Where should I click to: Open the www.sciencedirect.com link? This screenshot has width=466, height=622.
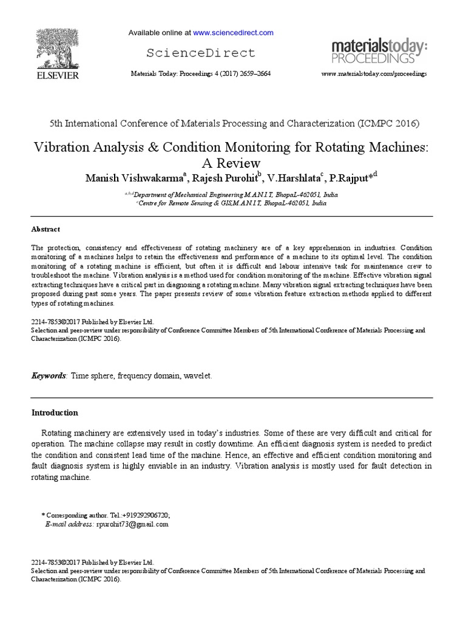click(233, 32)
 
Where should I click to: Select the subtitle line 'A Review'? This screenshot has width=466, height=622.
click(234, 163)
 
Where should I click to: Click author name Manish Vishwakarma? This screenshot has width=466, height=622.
click(137, 177)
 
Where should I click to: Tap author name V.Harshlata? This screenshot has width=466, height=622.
click(292, 177)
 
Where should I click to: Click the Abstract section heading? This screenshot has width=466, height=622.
click(46, 230)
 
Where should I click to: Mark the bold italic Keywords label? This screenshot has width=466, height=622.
click(49, 376)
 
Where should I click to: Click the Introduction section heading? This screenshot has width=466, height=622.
click(55, 412)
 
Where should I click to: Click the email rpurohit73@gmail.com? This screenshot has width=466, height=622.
click(132, 524)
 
